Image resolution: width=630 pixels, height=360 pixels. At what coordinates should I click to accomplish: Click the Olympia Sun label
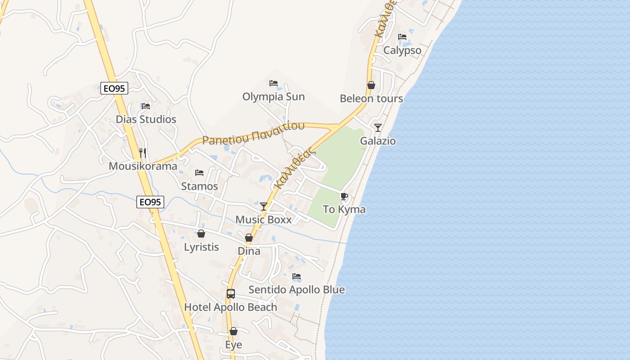274,97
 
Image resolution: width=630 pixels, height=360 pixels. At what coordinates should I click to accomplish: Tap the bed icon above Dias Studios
146,106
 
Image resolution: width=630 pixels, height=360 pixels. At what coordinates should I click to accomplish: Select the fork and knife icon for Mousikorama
143,153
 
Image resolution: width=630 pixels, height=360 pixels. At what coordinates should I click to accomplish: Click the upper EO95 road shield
115,89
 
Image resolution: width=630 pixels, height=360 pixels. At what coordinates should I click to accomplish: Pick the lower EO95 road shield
150,202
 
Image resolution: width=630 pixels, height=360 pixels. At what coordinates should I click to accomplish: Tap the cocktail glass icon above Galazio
378,128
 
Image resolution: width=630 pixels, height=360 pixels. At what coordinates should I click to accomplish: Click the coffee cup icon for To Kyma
344,196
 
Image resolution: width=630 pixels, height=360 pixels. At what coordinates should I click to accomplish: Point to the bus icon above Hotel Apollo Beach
231,294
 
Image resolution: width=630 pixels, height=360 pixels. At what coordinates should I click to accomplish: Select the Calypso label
402,50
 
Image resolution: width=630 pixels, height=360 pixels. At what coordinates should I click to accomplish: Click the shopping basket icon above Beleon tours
371,85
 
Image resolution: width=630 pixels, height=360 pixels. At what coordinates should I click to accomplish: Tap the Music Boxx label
264,220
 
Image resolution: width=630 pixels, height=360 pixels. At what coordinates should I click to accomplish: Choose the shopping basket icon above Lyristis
201,234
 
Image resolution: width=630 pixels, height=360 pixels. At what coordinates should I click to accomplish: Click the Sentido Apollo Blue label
297,290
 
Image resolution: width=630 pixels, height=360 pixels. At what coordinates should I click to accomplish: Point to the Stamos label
199,186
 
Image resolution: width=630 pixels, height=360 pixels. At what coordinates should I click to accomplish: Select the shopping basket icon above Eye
234,332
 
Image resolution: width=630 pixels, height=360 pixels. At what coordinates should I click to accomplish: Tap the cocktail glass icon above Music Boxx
264,207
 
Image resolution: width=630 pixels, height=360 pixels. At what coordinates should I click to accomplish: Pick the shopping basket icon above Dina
249,238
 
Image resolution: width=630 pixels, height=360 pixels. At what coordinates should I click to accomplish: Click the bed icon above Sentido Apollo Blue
297,277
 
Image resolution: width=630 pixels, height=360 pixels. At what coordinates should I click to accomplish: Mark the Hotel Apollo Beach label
231,307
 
